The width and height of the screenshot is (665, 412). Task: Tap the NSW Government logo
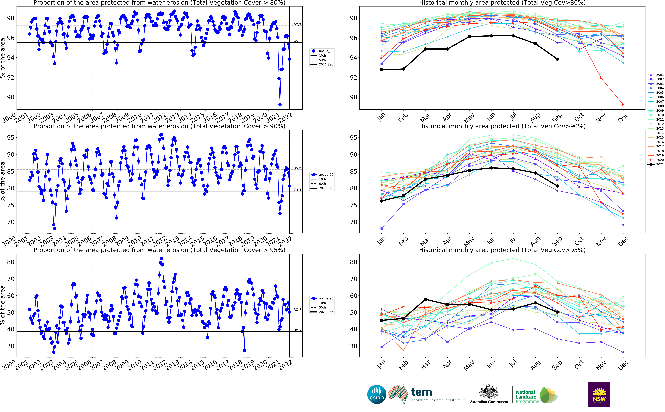(x=599, y=394)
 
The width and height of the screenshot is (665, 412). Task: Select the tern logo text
(x=421, y=393)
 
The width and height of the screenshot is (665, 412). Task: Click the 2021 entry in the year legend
(x=657, y=164)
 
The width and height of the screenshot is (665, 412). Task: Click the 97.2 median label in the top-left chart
(x=297, y=25)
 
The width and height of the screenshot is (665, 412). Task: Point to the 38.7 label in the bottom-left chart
(x=297, y=330)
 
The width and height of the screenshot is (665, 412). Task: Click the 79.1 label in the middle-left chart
(x=297, y=190)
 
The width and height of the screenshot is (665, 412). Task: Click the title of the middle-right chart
(x=502, y=126)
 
